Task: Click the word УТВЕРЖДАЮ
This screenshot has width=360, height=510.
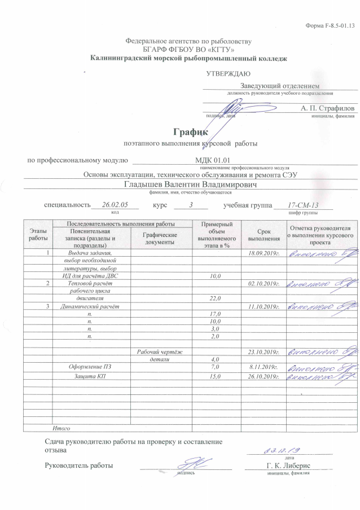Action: pyautogui.click(x=228, y=73)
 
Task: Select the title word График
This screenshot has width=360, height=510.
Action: pyautogui.click(x=191, y=131)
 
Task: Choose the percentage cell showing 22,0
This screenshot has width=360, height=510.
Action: pyautogui.click(x=214, y=298)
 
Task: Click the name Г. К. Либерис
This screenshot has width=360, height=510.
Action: pyautogui.click(x=289, y=465)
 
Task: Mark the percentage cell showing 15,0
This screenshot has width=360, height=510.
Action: pyautogui.click(x=214, y=376)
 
